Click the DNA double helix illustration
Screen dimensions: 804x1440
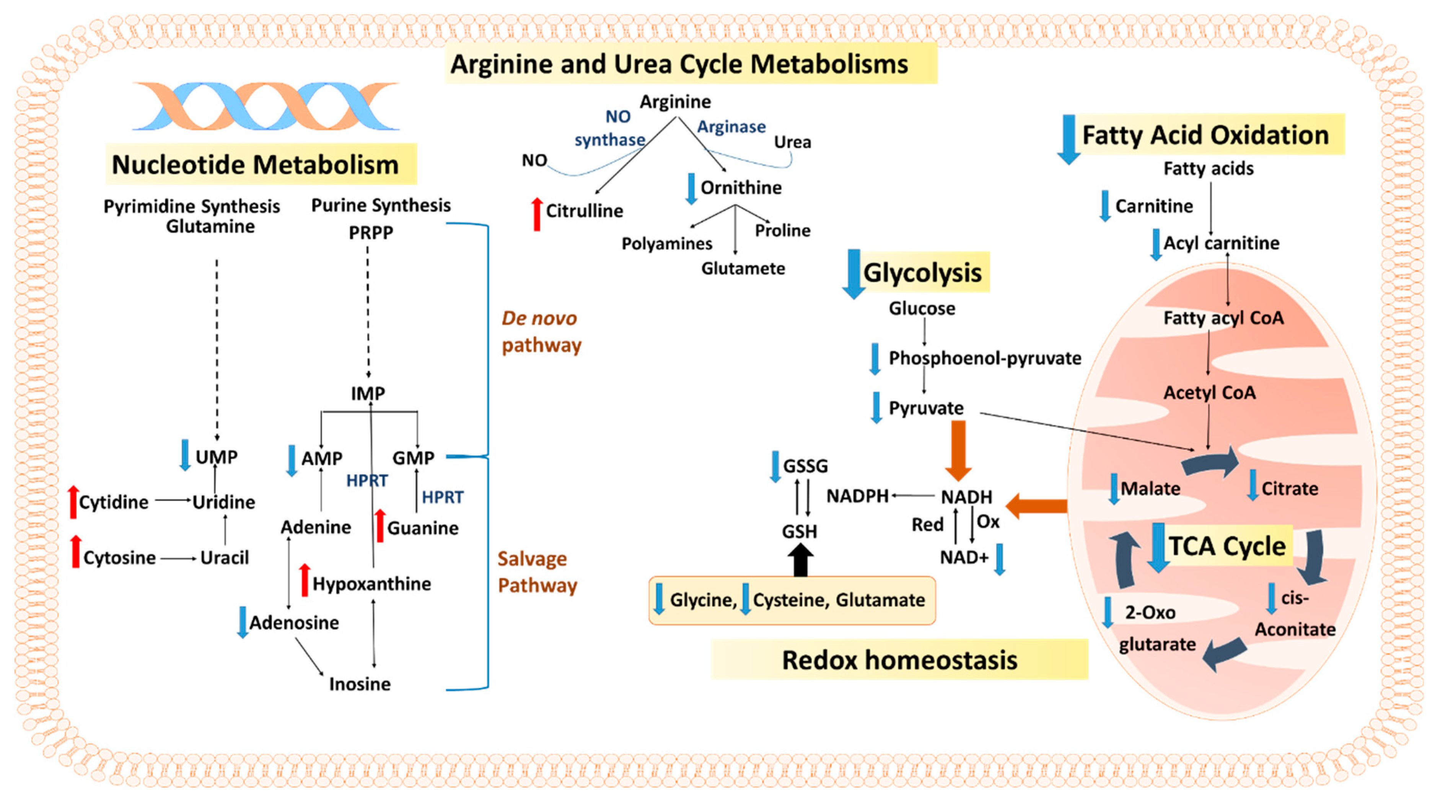[x=266, y=106]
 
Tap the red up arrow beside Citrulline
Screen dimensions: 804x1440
[x=537, y=214]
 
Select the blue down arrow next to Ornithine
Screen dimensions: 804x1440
[x=691, y=188]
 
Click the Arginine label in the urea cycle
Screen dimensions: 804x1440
[x=675, y=102]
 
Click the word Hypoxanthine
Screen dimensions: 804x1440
[x=372, y=584]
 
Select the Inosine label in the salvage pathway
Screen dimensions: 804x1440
[x=360, y=684]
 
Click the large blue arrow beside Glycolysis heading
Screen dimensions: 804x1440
[x=853, y=274]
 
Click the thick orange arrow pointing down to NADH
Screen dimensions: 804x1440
[x=958, y=450]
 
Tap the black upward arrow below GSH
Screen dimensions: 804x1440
[x=800, y=560]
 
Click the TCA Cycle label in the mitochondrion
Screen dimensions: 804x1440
[x=1227, y=546]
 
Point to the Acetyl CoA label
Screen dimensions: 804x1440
[x=1209, y=393]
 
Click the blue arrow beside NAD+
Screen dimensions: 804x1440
[x=1000, y=559]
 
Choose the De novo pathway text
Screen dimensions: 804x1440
[x=541, y=331]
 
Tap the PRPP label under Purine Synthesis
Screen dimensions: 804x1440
[x=371, y=232]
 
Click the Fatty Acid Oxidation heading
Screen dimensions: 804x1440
[x=1205, y=135]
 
